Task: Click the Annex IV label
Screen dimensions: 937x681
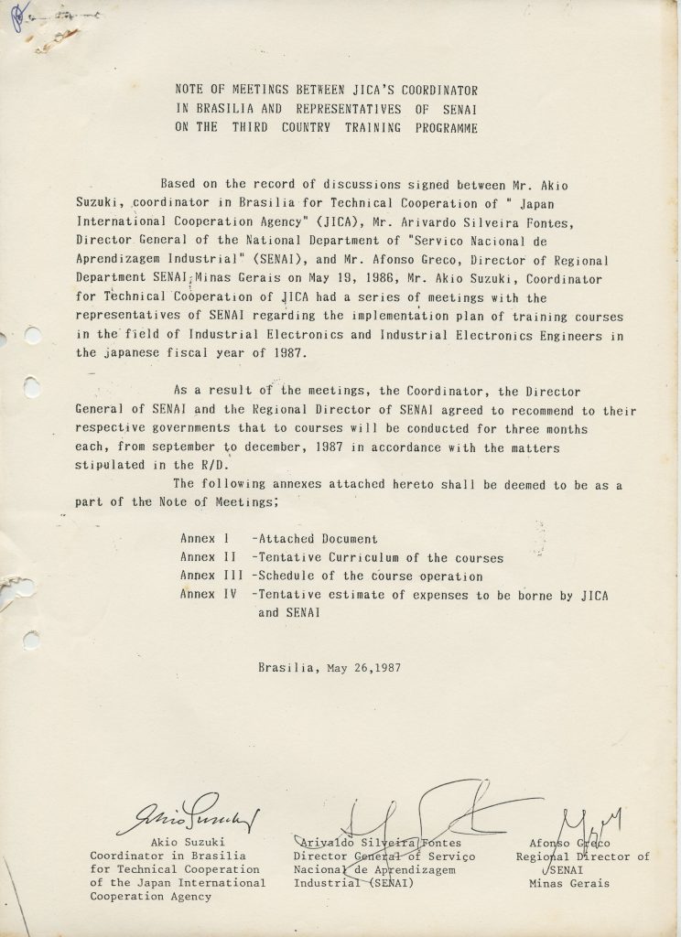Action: tap(207, 595)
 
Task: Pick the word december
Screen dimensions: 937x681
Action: tap(280, 447)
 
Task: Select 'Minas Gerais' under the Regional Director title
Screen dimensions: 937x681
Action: tap(568, 883)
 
